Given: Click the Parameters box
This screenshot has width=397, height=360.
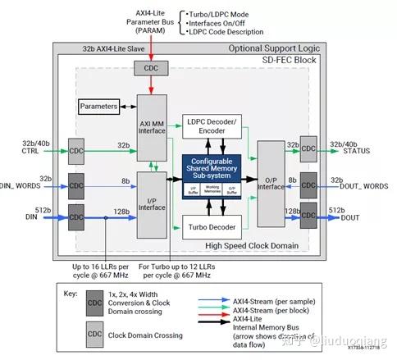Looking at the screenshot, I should pos(98,107).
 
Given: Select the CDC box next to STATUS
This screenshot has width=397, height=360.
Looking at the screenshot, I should pos(308,148).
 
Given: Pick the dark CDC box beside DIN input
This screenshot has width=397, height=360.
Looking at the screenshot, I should pos(75,216).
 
